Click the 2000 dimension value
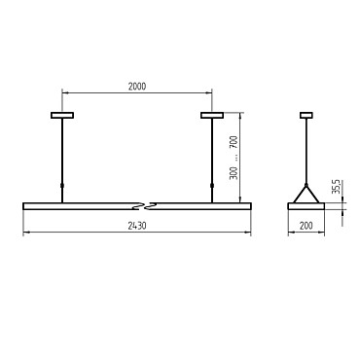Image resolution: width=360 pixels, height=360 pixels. click(x=137, y=87)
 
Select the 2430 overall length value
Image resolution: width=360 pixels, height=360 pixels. click(x=137, y=226)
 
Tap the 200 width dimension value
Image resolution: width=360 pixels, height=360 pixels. click(x=306, y=226)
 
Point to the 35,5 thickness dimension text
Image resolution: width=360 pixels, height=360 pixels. click(x=337, y=187)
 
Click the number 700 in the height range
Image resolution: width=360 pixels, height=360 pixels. click(x=234, y=142)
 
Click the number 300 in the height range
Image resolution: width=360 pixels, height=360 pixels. click(x=234, y=173)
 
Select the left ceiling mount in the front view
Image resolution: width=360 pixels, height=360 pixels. click(x=62, y=115)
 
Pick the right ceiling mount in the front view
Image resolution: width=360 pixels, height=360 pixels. click(x=212, y=115)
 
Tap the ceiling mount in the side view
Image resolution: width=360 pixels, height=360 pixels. click(x=306, y=115)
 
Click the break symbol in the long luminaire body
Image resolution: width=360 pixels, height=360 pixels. click(x=145, y=206)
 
